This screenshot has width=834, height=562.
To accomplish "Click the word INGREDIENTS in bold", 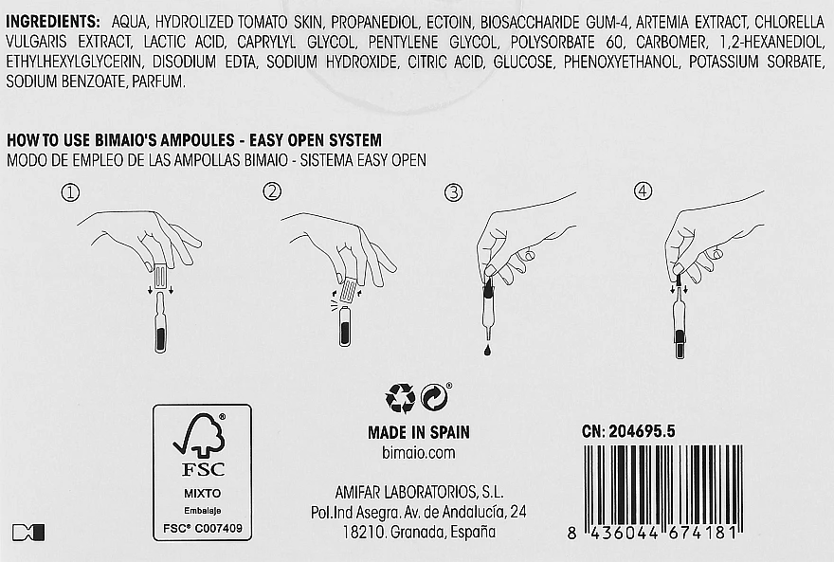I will pyautogui.click(x=53, y=21).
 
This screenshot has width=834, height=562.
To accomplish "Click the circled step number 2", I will pyautogui.click(x=272, y=192).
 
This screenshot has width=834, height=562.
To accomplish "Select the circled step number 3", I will pyautogui.click(x=454, y=192).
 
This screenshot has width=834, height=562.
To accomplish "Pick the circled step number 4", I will pyautogui.click(x=644, y=192).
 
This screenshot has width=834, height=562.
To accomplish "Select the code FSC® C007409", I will pyautogui.click(x=202, y=528).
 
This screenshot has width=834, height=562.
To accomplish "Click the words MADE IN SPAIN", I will pyautogui.click(x=418, y=432).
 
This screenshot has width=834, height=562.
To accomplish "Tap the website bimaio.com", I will pyautogui.click(x=418, y=453).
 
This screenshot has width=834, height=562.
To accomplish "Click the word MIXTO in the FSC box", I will pyautogui.click(x=202, y=494).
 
